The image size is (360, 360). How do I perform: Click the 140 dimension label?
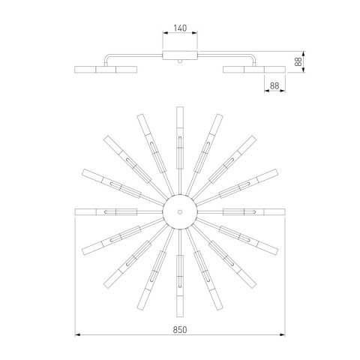coord(180,28)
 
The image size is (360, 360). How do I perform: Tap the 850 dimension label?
coord(180,330)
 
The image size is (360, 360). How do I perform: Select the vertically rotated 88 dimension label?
coord(298,61)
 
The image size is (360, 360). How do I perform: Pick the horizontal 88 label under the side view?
coord(274,85)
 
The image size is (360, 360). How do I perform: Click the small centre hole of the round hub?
coord(180,212)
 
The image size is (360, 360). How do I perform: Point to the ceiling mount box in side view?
coord(180,55)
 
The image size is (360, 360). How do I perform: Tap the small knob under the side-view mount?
coord(180,61)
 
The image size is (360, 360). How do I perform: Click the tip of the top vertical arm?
coord(180,107)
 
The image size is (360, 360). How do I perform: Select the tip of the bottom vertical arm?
coord(180,316)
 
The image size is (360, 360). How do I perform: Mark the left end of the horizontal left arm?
coord(75,212)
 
